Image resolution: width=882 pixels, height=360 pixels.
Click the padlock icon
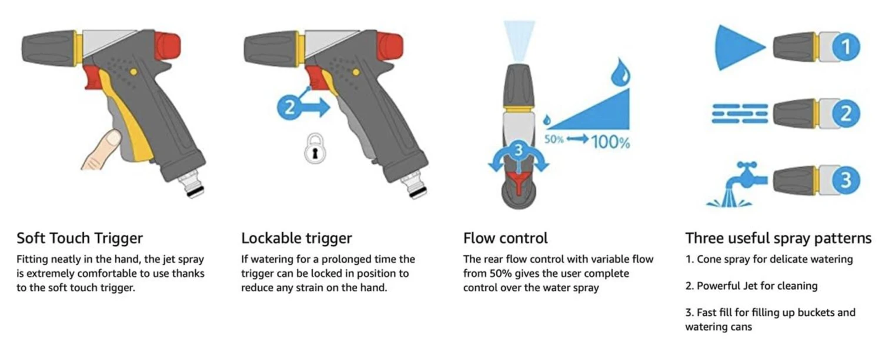(315, 149)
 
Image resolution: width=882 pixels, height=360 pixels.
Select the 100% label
(610, 142)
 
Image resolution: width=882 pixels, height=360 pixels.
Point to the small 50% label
(554, 139)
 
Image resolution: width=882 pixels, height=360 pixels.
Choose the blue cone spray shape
(740, 48)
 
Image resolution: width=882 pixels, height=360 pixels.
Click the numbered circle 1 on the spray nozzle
(846, 47)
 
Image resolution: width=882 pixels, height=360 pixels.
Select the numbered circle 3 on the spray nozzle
(846, 181)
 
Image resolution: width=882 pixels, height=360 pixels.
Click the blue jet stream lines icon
(740, 114)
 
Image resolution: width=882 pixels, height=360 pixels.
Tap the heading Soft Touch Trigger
(80, 238)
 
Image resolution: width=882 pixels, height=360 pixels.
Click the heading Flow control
(505, 238)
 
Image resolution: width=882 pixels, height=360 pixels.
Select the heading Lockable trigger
(296, 238)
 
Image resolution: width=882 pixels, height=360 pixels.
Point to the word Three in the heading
(703, 238)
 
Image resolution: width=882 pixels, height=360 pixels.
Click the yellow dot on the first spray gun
(133, 72)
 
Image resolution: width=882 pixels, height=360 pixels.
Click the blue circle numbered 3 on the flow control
(518, 150)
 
